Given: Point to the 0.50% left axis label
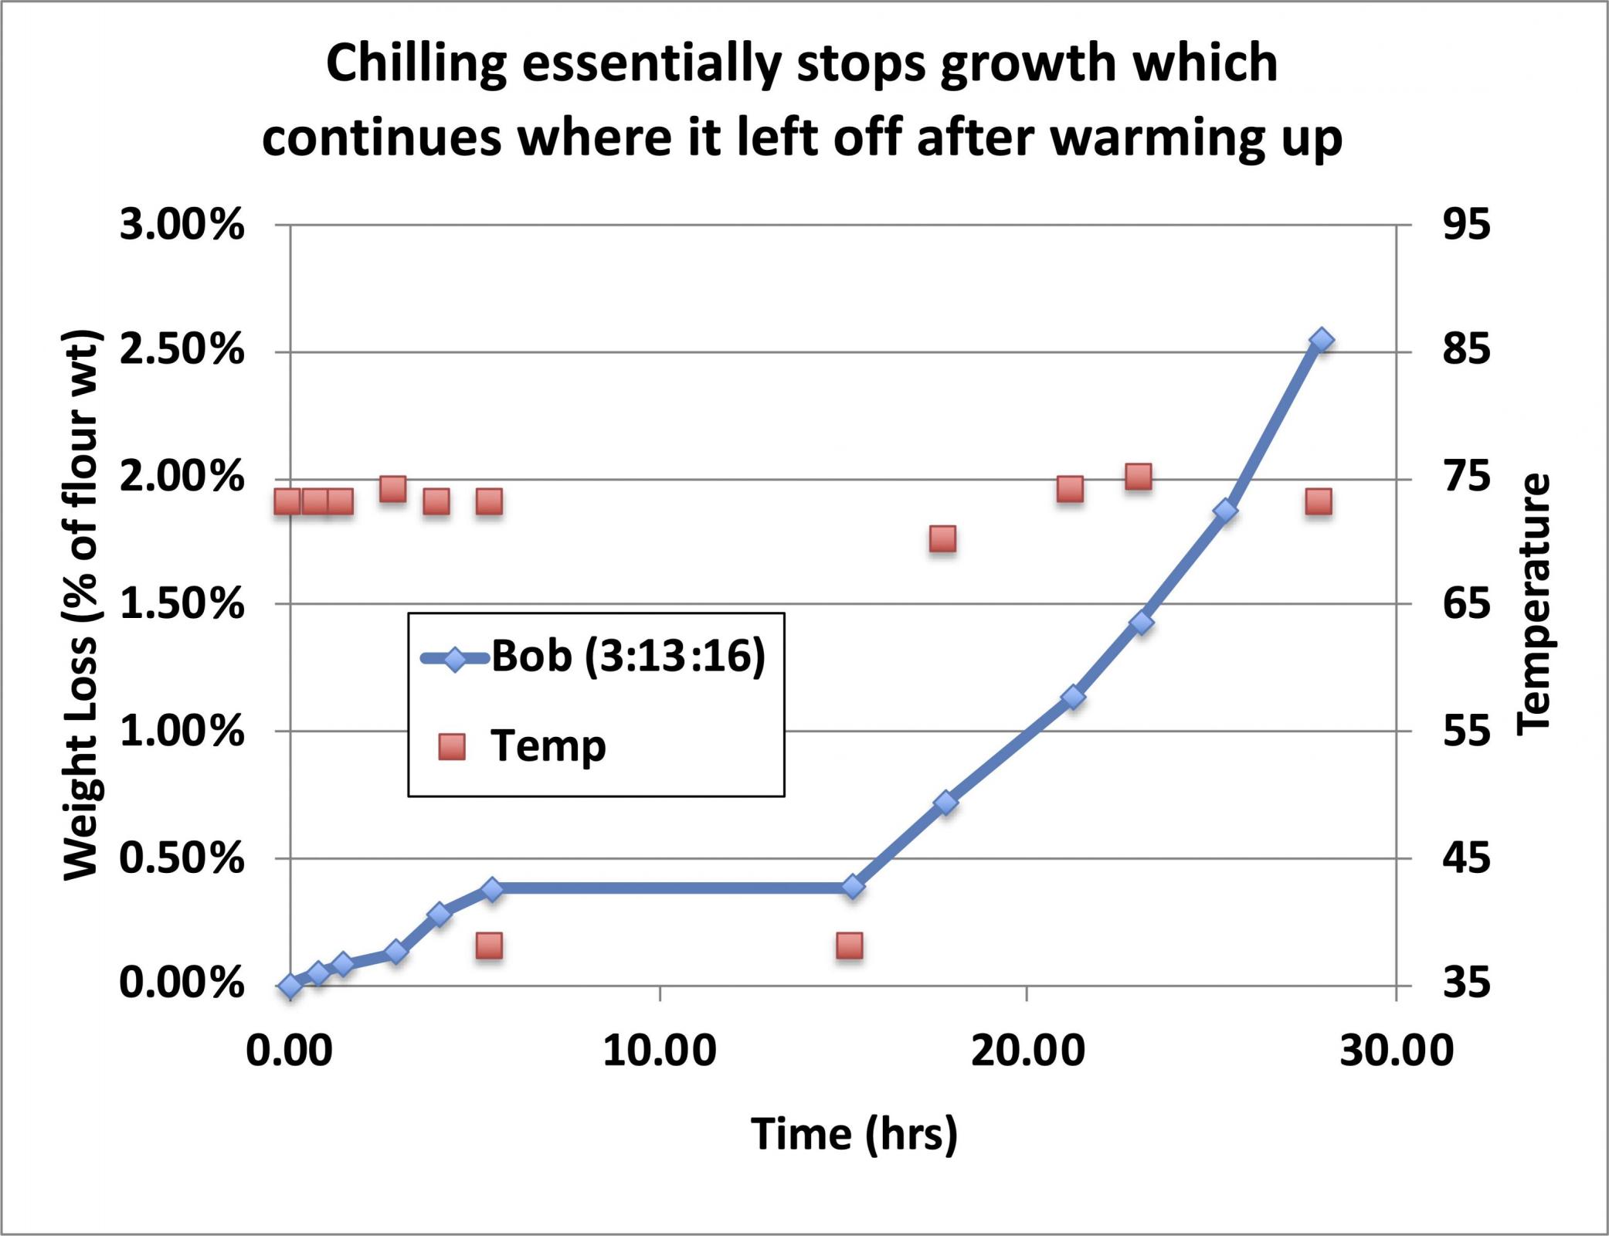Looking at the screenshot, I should coord(182,857).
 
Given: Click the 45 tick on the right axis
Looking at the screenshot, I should coord(1466,857).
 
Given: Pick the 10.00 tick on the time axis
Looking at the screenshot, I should coord(660,1051).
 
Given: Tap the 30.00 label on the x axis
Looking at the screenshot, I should coord(1396,1051).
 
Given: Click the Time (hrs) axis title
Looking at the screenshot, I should coord(854,1135).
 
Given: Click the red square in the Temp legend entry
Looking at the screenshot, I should coord(452,747).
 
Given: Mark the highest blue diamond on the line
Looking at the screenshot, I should coord(1322,340).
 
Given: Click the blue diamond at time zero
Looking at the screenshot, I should coord(290,986).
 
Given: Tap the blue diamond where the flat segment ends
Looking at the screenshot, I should coord(853,886).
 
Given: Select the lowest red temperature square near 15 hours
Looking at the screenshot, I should coord(849,946).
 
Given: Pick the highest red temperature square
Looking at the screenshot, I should coord(1139,477).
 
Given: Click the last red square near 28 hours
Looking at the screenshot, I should coord(1319,501).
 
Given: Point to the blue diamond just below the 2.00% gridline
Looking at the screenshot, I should coord(1225,511).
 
